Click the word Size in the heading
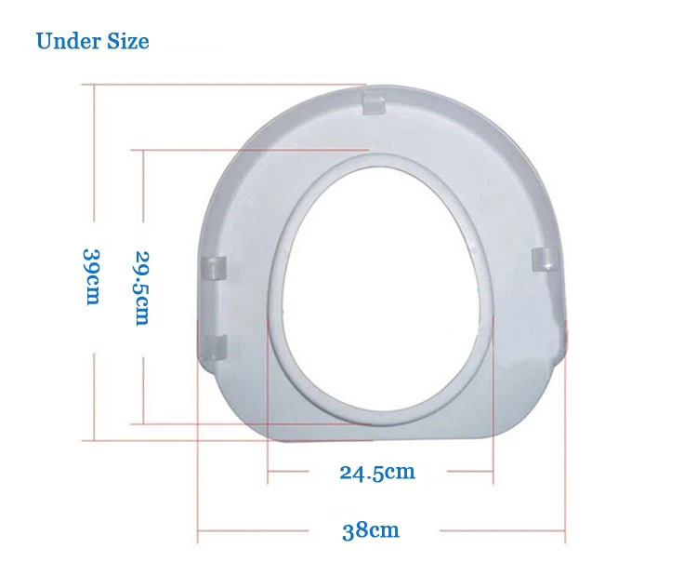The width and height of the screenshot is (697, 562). [128, 41]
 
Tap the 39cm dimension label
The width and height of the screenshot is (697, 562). [92, 276]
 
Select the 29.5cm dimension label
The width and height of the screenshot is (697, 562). [142, 288]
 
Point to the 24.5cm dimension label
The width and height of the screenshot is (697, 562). [377, 472]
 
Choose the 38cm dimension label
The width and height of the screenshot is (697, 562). [371, 530]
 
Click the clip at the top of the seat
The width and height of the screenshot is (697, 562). [374, 101]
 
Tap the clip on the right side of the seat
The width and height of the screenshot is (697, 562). [546, 261]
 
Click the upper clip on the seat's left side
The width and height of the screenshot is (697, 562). [215, 268]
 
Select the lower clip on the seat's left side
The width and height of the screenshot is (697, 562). [215, 347]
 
